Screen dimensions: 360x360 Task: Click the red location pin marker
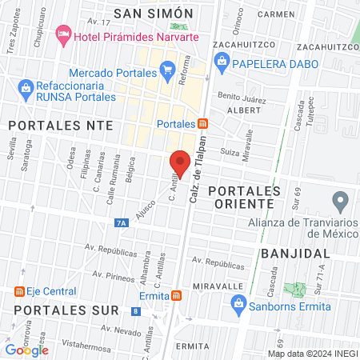[x=180, y=164]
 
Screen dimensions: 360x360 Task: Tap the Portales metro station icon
[x=203, y=124]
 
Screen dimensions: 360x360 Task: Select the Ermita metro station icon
[x=176, y=295]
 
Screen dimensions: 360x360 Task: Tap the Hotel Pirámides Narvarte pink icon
[x=62, y=35]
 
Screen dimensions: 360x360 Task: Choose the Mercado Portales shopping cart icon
[x=167, y=72]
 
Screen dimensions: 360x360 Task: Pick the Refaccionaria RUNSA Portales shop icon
[x=26, y=86]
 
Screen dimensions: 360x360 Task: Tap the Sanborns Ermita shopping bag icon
[x=238, y=302]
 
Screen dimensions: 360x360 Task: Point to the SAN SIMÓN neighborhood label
[x=154, y=14]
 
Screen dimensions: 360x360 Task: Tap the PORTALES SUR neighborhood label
[x=60, y=310]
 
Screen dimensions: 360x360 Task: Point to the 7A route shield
[x=122, y=223]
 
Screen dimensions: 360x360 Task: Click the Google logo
[x=27, y=350]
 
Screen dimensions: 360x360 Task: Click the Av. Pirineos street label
[x=110, y=277]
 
